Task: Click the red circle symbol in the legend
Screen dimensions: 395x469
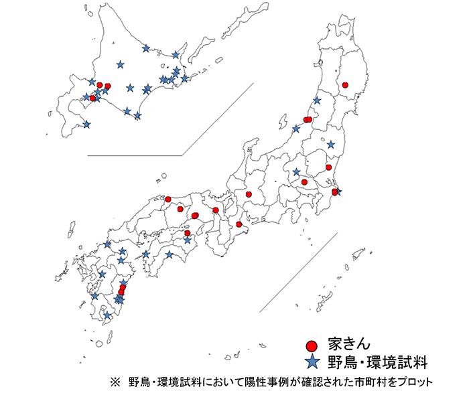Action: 311,346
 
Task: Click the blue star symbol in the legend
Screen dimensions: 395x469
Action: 311,363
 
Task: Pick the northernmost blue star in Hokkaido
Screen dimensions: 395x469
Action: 146,48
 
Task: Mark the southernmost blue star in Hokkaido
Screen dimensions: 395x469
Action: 86,124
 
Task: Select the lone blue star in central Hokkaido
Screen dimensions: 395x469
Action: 121,65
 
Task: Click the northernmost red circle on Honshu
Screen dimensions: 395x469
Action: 345,85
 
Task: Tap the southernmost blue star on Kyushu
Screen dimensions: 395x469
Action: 107,315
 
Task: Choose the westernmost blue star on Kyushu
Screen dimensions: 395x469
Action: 95,296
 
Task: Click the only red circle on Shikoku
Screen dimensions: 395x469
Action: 188,233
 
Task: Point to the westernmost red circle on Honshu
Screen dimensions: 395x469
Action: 168,200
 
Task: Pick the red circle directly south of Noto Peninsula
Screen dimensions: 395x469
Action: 249,194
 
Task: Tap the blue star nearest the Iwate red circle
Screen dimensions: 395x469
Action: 317,100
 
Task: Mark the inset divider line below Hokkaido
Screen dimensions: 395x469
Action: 134,155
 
